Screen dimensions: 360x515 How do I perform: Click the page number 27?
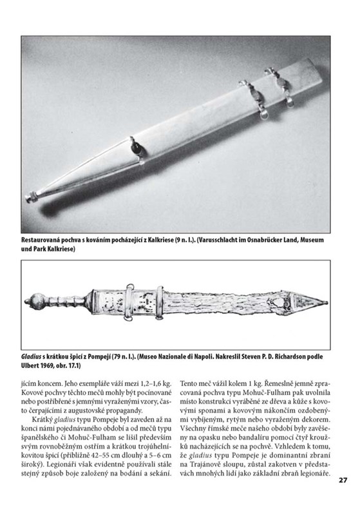(x=343, y=480)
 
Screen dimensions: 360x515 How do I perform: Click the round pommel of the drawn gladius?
(x=33, y=302)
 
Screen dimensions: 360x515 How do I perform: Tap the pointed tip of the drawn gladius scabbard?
(x=327, y=302)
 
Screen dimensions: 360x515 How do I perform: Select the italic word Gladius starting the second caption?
(x=30, y=356)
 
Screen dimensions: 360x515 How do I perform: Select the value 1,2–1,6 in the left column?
(x=151, y=384)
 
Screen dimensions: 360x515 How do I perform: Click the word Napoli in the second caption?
(x=199, y=356)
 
